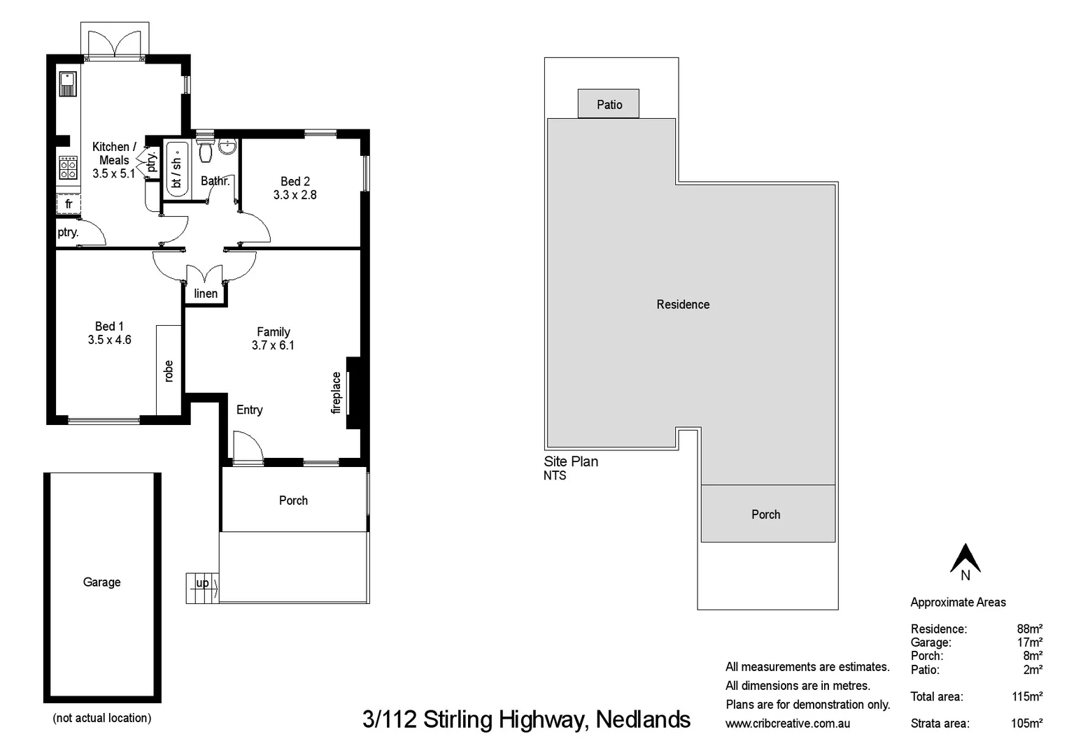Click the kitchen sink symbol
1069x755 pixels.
pos(67,84)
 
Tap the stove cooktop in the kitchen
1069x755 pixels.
pos(68,167)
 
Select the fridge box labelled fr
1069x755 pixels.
pos(69,203)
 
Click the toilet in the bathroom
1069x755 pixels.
pos(205,151)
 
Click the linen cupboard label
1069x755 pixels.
pos(206,294)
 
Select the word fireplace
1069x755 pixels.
pos(337,393)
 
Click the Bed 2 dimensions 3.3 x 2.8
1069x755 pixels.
pos(295,195)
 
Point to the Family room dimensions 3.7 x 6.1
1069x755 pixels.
pos(273,345)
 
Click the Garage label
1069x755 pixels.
pos(101,582)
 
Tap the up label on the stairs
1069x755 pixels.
pos(202,583)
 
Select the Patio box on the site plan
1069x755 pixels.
pos(609,104)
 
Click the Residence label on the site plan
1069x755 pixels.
pos(683,305)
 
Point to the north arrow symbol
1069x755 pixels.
pos(965,559)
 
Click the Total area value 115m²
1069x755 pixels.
pos(1027,697)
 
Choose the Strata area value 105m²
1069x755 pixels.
pos(1026,724)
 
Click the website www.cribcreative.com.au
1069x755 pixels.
pos(788,724)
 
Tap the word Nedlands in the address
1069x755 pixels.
pos(643,719)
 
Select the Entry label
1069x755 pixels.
pos(250,410)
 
